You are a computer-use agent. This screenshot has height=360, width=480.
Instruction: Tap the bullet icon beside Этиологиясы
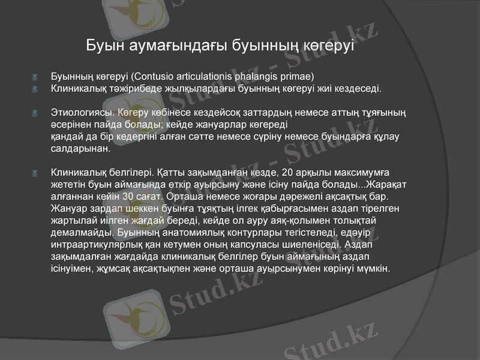[36, 112]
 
